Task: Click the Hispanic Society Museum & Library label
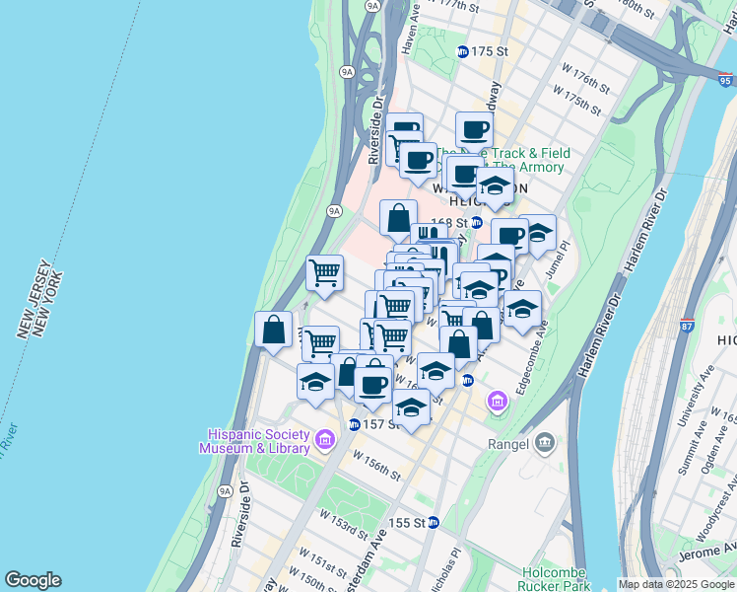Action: [x=259, y=441]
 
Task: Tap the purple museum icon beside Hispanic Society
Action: [x=325, y=437]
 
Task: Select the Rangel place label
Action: [x=509, y=443]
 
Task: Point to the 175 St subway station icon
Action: [x=462, y=51]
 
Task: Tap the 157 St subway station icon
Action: [x=354, y=424]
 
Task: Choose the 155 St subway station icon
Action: [x=435, y=522]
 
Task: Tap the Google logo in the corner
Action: [x=33, y=580]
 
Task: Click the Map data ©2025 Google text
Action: [x=676, y=584]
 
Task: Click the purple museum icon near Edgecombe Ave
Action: [x=498, y=401]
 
